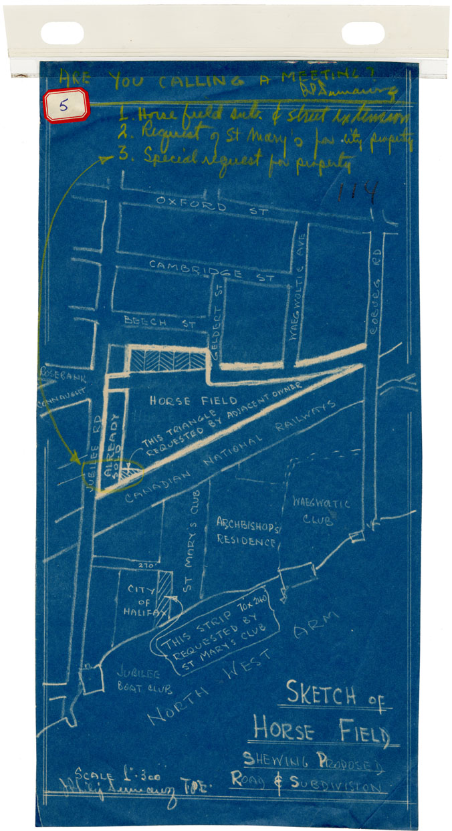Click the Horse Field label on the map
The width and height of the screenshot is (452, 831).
[x=193, y=400]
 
